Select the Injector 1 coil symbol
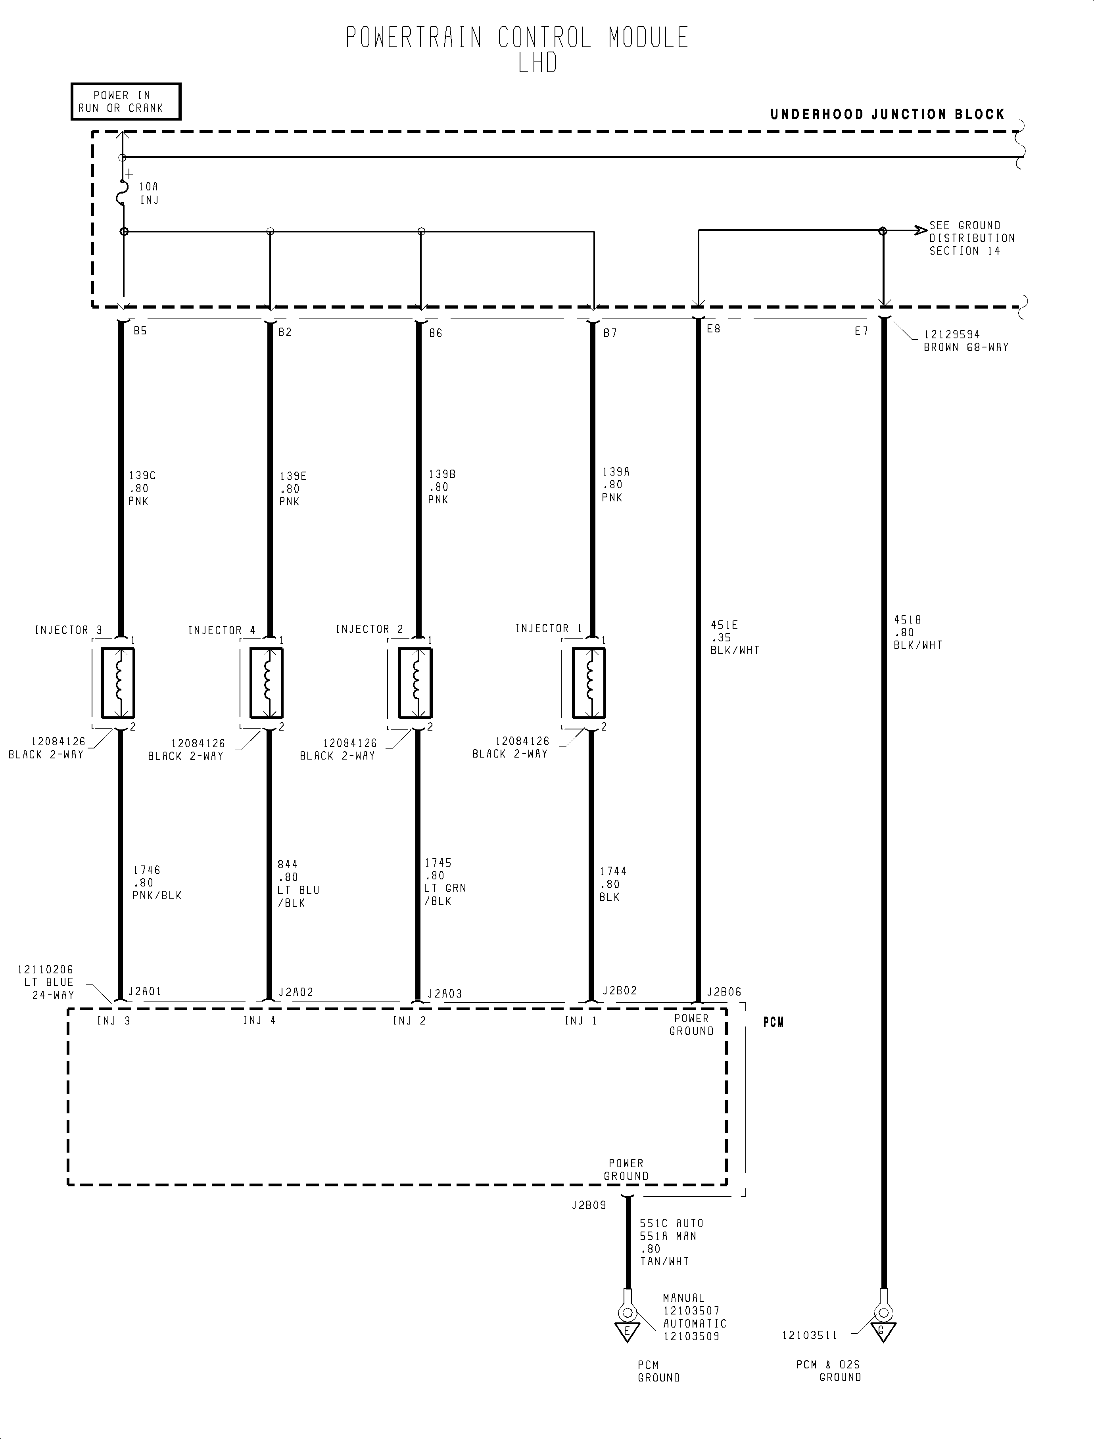click(x=589, y=682)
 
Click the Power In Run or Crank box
click(x=126, y=102)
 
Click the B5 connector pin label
click(x=140, y=331)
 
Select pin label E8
click(x=714, y=329)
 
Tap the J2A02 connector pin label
click(x=296, y=992)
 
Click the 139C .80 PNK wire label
click(x=142, y=488)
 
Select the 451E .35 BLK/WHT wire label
click(x=735, y=637)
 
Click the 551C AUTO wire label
click(x=672, y=1224)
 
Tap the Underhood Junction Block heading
click(x=888, y=115)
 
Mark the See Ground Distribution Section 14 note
click(x=971, y=238)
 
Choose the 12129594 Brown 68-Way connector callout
click(x=966, y=341)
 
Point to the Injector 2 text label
click(x=369, y=629)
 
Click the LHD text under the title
click(x=538, y=63)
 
